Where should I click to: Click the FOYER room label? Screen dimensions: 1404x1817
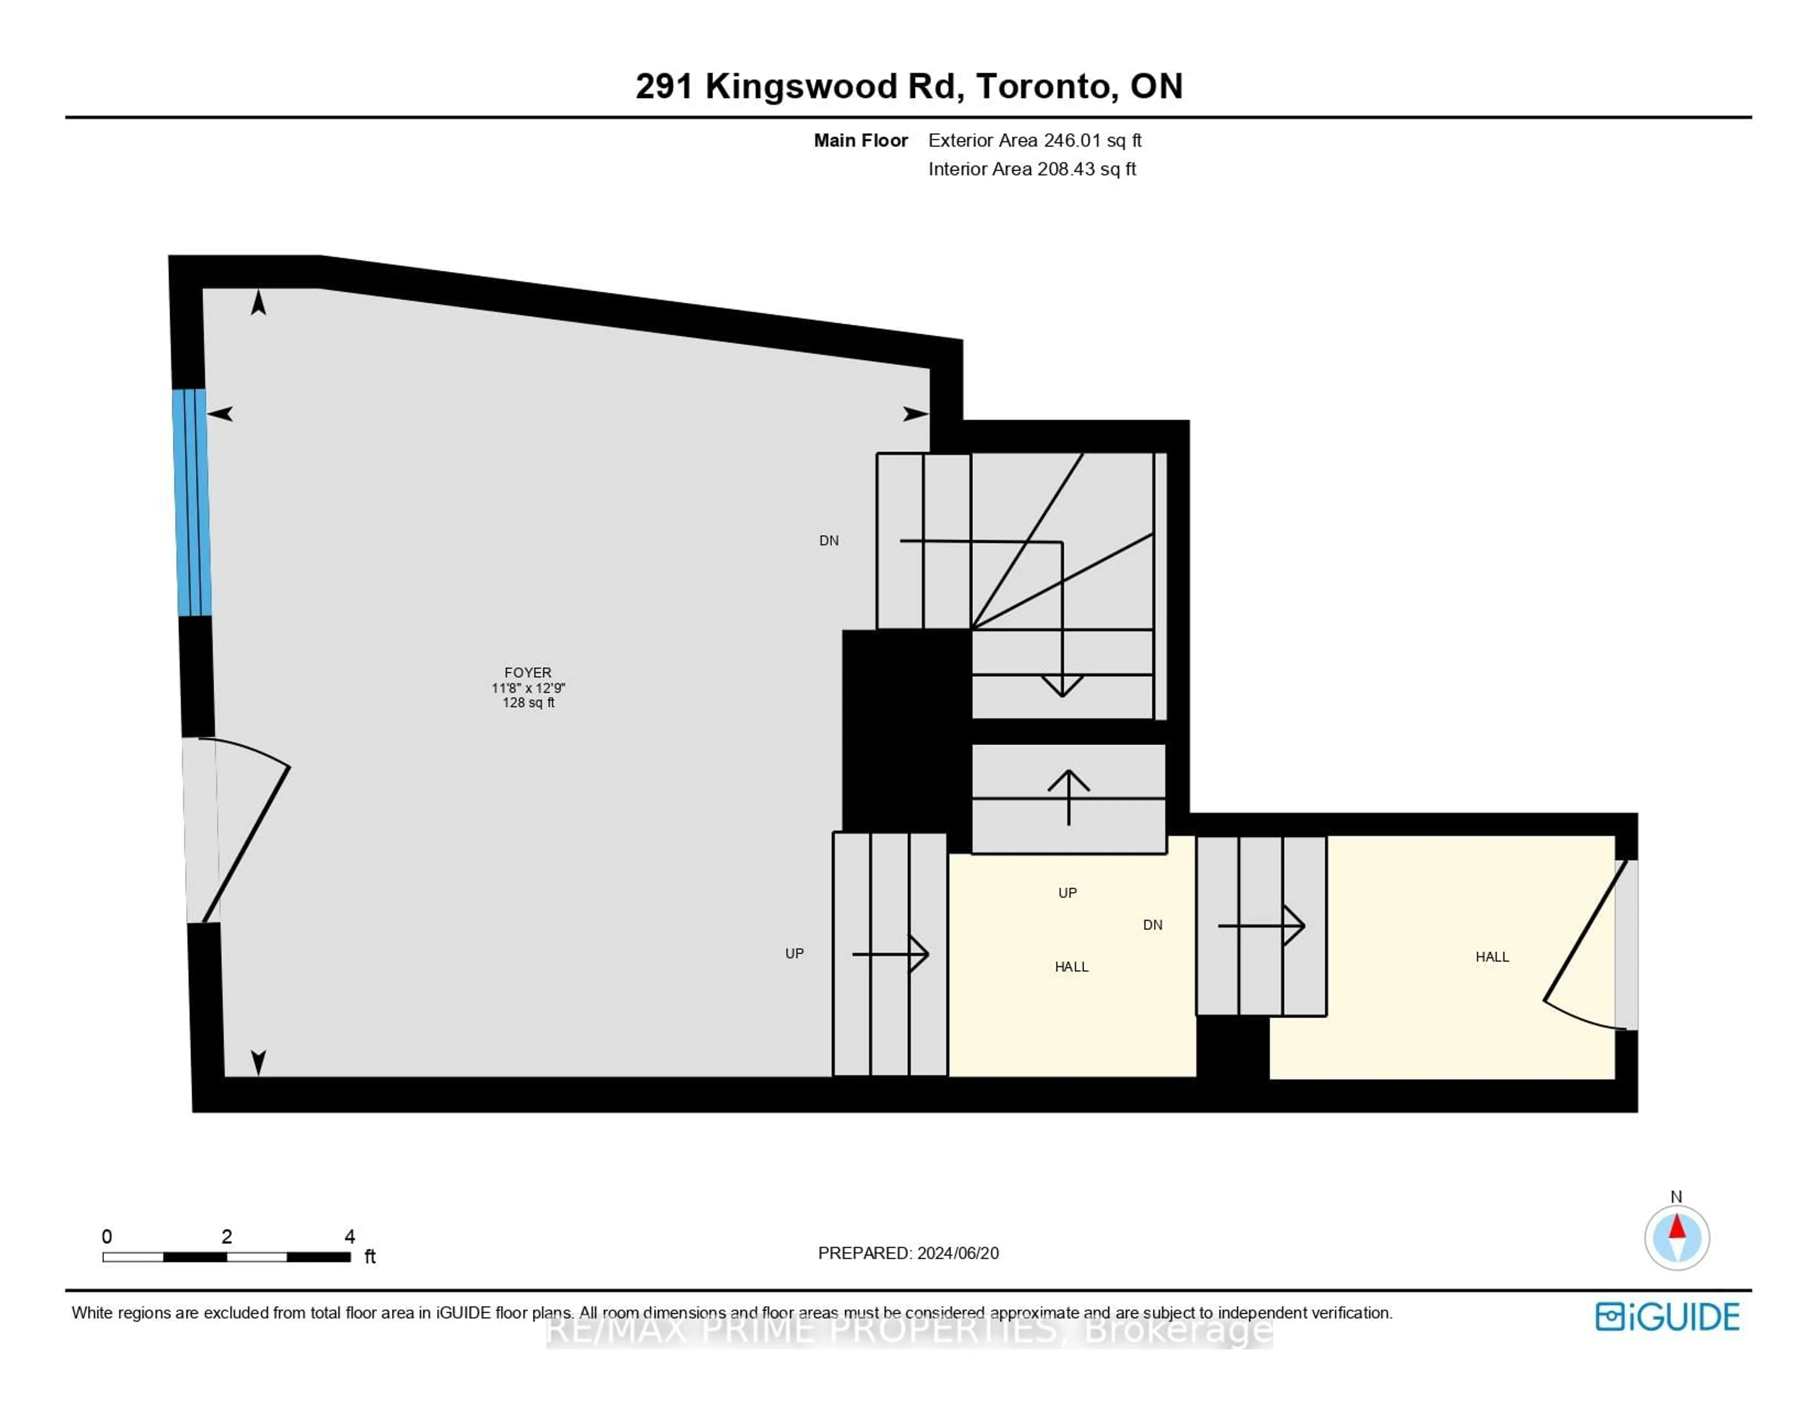528,672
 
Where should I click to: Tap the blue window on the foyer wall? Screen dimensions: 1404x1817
191,503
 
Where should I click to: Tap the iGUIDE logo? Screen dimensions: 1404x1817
1667,1316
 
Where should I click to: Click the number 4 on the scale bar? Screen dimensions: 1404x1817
349,1236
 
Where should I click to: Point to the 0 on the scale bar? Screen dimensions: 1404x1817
106,1236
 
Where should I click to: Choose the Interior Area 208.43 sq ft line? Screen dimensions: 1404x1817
1032,169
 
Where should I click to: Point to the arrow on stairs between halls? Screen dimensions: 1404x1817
1261,926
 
